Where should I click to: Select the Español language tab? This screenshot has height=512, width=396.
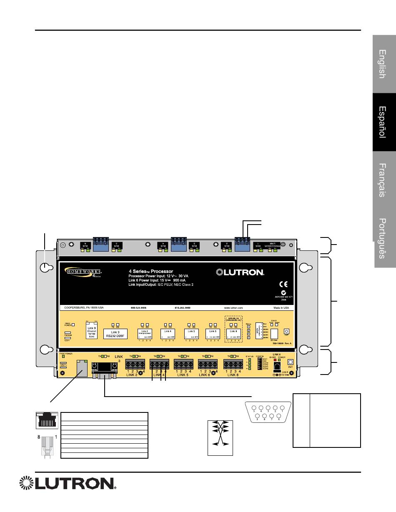(x=384, y=122)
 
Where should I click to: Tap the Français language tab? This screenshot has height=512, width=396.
(x=384, y=180)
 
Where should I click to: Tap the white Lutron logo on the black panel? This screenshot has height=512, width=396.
(x=240, y=272)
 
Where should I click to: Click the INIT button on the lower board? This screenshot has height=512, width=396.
(x=291, y=362)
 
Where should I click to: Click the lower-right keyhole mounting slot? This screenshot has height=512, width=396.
(x=306, y=349)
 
